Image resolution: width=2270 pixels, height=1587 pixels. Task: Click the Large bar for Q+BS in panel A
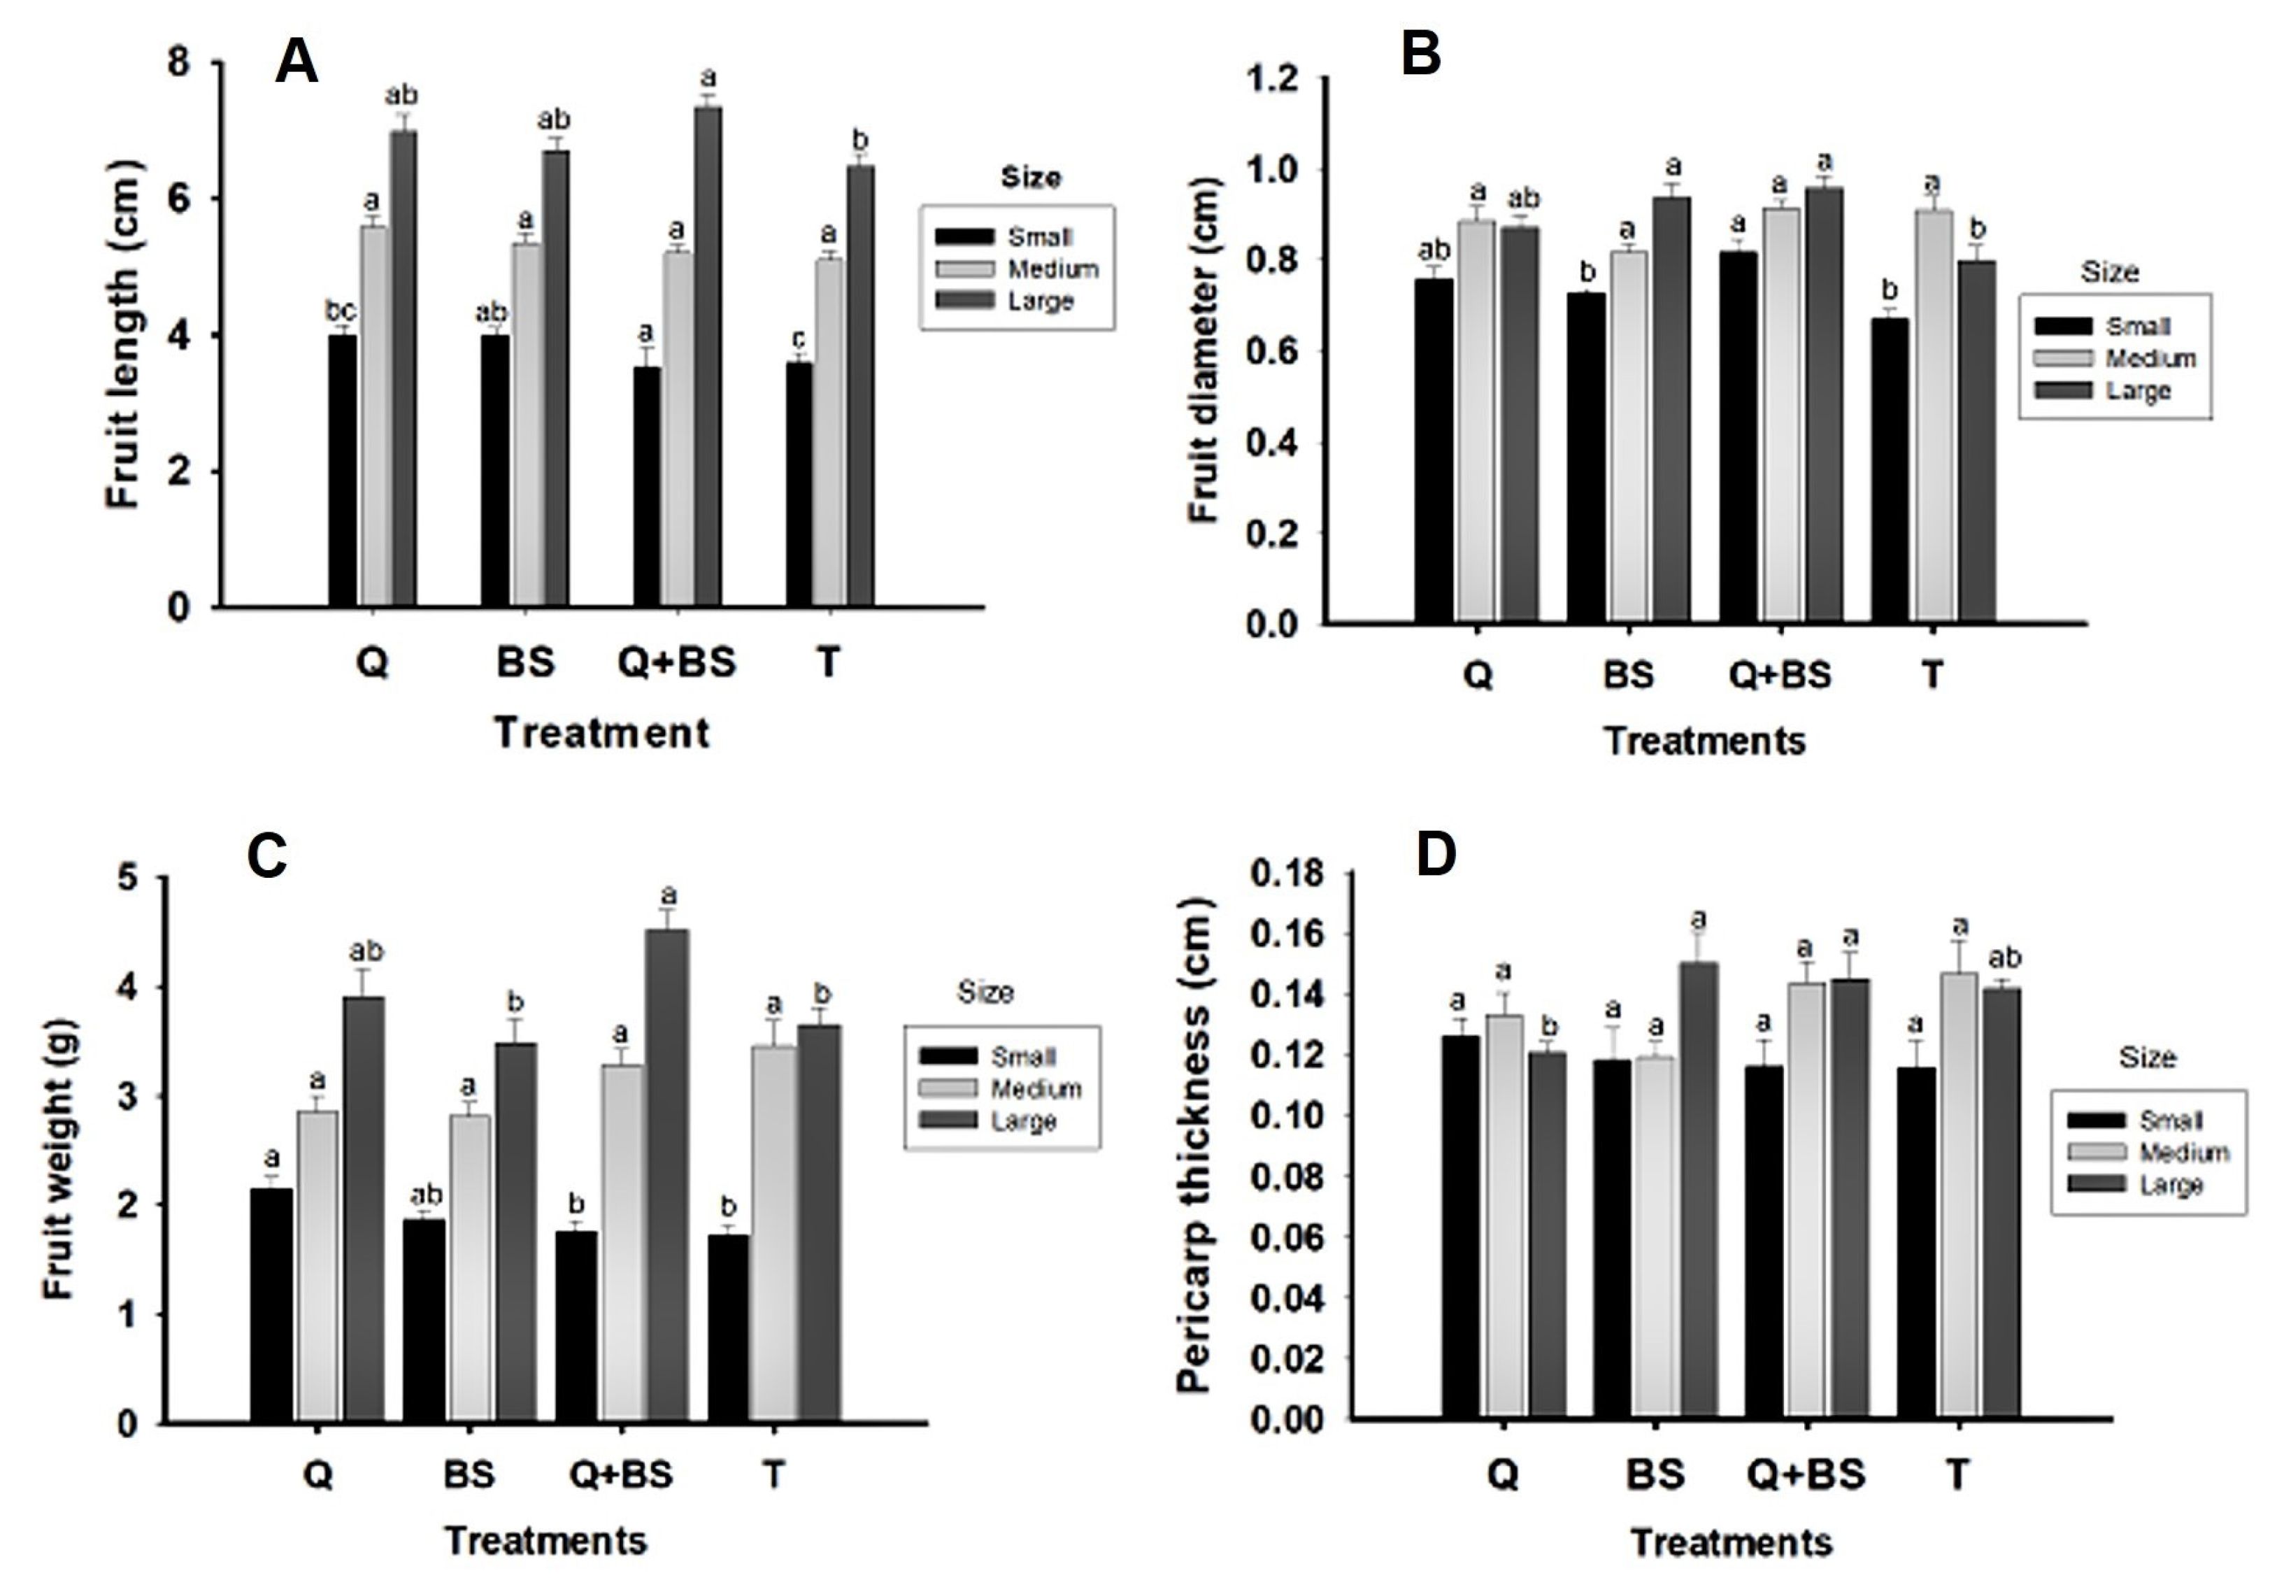(708, 356)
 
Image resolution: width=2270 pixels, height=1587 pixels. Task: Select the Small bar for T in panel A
(799, 485)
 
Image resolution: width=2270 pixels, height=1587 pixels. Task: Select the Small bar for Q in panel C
(271, 1305)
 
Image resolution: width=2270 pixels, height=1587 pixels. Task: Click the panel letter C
(267, 856)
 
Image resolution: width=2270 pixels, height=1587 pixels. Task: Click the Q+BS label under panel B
(1780, 676)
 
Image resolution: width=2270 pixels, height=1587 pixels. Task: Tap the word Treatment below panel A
(601, 733)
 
